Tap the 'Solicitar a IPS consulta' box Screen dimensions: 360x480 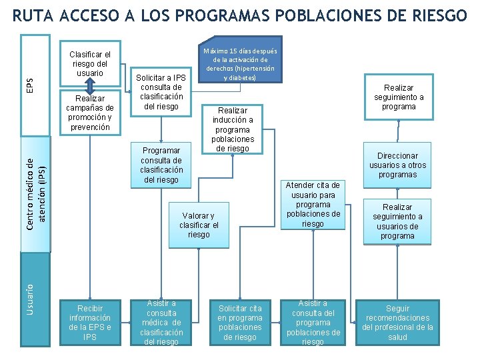point(161,92)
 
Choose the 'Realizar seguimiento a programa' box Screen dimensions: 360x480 point(399,97)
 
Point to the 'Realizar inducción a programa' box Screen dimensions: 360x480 point(233,129)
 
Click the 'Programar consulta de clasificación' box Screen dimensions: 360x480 point(161,165)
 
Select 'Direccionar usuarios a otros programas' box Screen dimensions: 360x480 point(398,165)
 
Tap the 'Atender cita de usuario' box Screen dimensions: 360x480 point(313,205)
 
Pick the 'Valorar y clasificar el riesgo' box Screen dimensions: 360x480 point(199,225)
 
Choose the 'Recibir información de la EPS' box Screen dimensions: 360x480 point(90,323)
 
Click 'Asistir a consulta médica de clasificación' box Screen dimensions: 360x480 point(161,323)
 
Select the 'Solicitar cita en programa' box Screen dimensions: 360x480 point(240,323)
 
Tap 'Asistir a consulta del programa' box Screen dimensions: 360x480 point(313,323)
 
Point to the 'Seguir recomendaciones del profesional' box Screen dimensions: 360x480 point(398,323)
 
